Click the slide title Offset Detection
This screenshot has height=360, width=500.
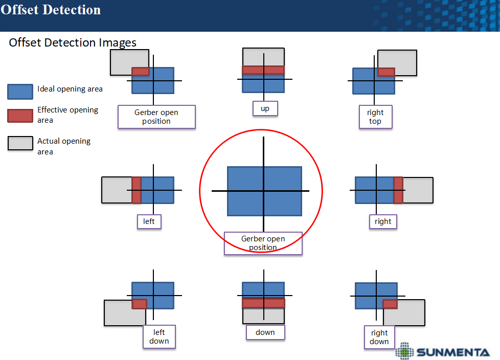51,10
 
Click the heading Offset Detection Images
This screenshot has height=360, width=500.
73,42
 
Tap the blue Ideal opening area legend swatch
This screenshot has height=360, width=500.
20,92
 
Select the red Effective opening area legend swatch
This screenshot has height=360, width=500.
20,116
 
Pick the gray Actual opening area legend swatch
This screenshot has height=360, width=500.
20,143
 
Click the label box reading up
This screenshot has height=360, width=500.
265,108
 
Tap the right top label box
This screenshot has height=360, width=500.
375,117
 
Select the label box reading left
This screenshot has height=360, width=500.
149,221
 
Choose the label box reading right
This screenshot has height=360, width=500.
383,221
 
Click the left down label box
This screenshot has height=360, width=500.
159,336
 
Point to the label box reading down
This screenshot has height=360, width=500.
265,332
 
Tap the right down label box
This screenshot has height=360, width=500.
379,337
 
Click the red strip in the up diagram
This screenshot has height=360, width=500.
263,70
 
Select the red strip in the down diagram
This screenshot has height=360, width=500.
263,303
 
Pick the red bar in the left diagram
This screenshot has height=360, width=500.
137,190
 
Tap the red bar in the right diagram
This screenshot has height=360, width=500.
398,190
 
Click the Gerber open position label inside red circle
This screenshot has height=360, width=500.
263,243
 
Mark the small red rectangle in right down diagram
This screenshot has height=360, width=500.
390,304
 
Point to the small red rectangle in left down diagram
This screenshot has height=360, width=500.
140,304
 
